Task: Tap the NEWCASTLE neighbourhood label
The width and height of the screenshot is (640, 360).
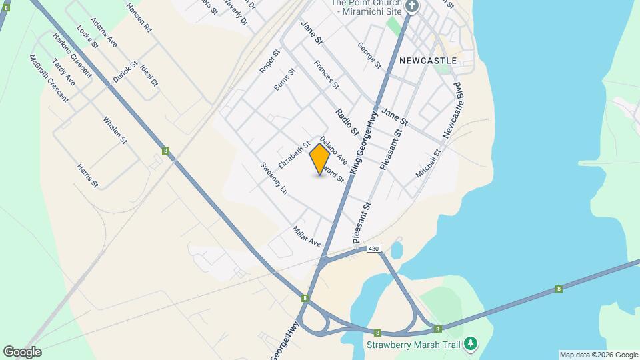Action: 428,60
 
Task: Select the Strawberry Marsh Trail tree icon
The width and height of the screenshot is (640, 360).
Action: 471,343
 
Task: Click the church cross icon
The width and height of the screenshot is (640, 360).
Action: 412,7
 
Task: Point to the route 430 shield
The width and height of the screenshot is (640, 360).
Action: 374,249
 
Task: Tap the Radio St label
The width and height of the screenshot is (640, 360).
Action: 347,121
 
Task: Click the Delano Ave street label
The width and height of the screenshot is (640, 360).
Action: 333,150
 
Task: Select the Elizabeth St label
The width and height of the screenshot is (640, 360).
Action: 295,154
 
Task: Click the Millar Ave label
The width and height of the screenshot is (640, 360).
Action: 307,235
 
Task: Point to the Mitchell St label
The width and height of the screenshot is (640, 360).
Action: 429,163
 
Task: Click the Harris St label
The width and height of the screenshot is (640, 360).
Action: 87,175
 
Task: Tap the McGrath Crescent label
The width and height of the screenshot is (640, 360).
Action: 49,78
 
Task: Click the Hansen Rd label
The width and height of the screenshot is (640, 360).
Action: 139,18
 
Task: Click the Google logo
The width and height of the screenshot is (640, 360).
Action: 22,351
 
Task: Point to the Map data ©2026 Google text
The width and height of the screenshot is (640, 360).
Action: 599,355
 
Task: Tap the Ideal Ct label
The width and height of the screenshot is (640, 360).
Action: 149,75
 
